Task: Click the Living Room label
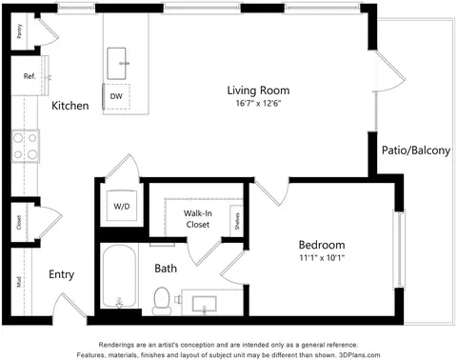252,90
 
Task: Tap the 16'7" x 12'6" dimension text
253,103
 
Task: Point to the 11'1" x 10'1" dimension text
321,257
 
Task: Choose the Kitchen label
70,106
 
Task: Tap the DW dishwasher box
115,96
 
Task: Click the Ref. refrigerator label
30,76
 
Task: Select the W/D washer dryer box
122,205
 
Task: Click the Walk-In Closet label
197,219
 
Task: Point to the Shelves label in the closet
234,220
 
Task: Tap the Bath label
166,269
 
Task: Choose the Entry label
62,274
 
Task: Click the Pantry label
20,30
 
